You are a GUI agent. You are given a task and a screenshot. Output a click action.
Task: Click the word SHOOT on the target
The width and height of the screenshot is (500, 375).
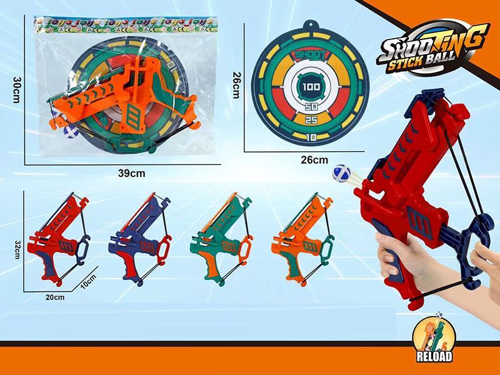[309, 55]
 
